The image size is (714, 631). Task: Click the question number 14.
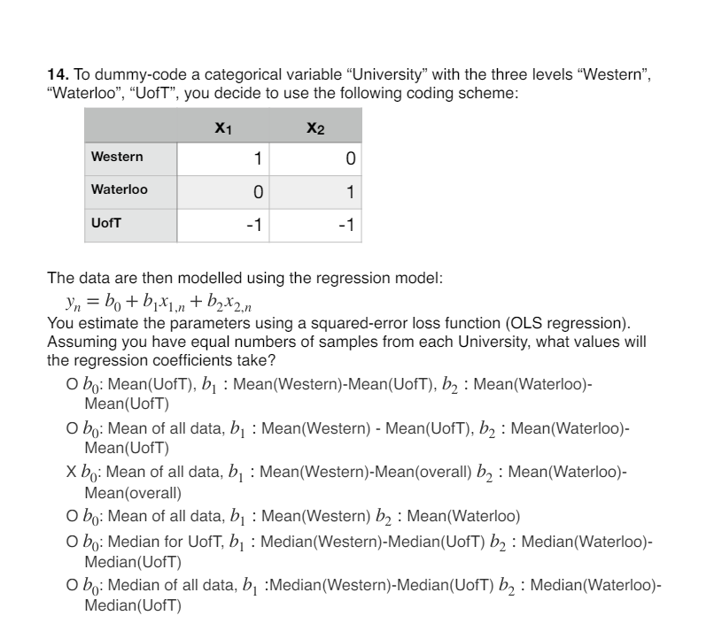click(56, 79)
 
